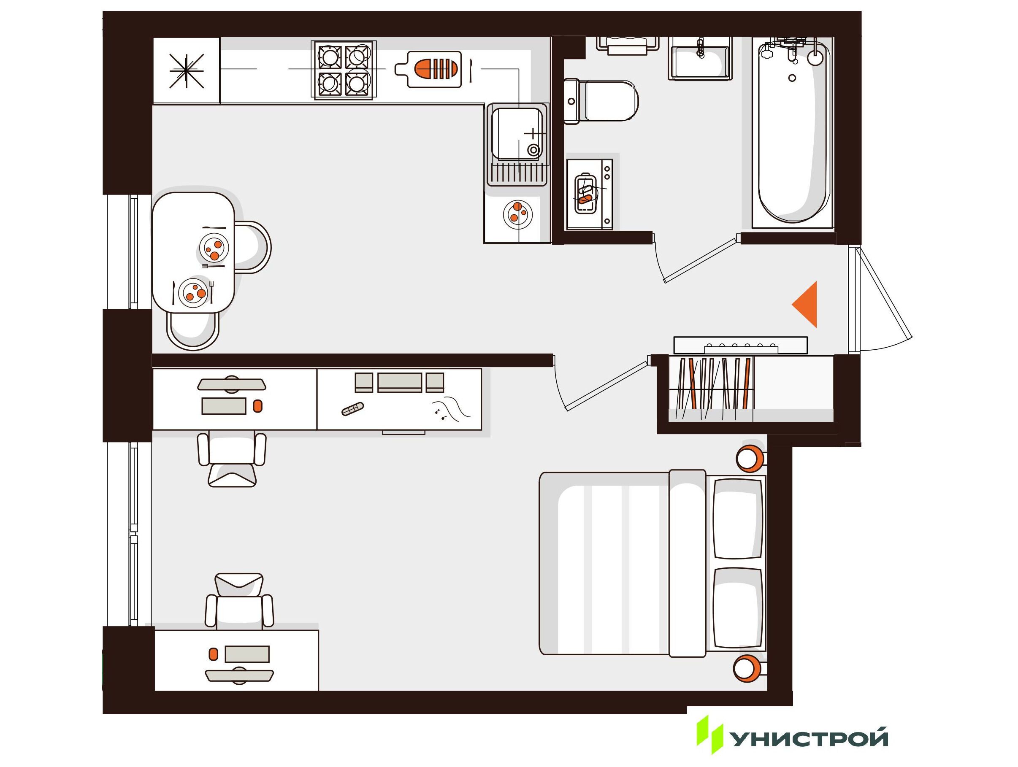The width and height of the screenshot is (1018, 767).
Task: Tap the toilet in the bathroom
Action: pyautogui.click(x=601, y=101)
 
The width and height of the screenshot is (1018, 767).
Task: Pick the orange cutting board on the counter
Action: pyautogui.click(x=428, y=69)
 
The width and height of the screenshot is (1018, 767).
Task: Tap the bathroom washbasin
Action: pyautogui.click(x=700, y=59)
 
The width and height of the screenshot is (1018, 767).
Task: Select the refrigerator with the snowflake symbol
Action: pyautogui.click(x=187, y=70)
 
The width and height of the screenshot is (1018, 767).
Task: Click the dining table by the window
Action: pyautogui.click(x=193, y=252)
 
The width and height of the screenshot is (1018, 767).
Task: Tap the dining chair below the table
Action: pyautogui.click(x=192, y=331)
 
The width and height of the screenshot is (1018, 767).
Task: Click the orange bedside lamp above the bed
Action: pyautogui.click(x=750, y=458)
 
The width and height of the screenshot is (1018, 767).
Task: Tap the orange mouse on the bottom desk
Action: pyautogui.click(x=213, y=654)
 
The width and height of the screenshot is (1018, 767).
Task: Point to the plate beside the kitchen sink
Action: pyautogui.click(x=518, y=214)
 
